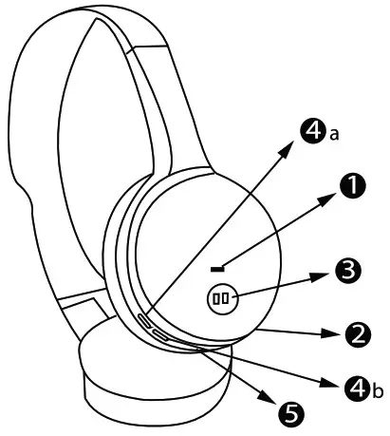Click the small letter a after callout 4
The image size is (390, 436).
(x=333, y=136)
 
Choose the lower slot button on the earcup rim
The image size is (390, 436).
(x=159, y=334)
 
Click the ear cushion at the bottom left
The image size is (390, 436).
(x=114, y=375)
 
